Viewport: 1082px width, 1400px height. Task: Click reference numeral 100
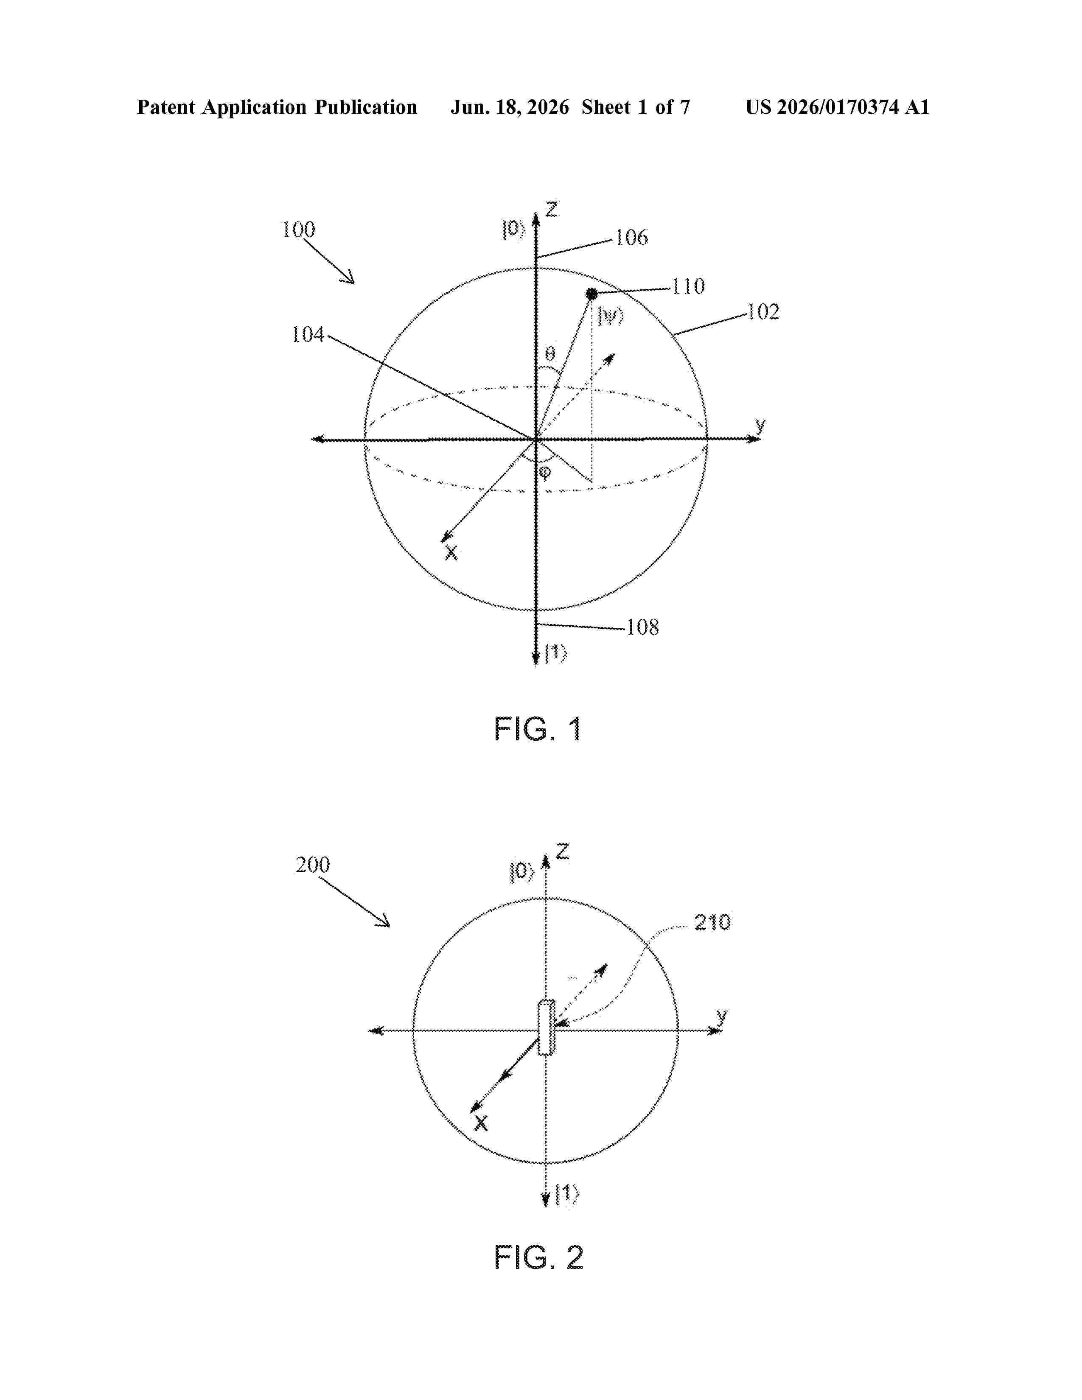(x=299, y=230)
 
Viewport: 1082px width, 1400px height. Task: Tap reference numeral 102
(x=763, y=312)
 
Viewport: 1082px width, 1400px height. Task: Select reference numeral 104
(x=308, y=335)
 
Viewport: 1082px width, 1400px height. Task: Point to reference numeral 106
(x=632, y=238)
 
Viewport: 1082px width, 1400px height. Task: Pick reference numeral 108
(x=642, y=627)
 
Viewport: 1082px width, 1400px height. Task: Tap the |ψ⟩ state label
(x=610, y=316)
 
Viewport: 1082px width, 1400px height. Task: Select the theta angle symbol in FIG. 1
(x=550, y=353)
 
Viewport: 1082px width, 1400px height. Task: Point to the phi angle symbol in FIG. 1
(x=545, y=473)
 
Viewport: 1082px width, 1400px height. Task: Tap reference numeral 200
(x=313, y=865)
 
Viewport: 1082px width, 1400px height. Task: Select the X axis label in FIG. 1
(x=451, y=552)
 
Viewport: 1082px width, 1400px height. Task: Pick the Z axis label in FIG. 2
(x=562, y=852)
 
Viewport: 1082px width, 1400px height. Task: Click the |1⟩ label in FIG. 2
(x=566, y=1195)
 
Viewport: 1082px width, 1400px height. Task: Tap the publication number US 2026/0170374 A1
(x=837, y=107)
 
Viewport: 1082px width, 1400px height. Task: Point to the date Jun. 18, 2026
(x=510, y=107)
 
